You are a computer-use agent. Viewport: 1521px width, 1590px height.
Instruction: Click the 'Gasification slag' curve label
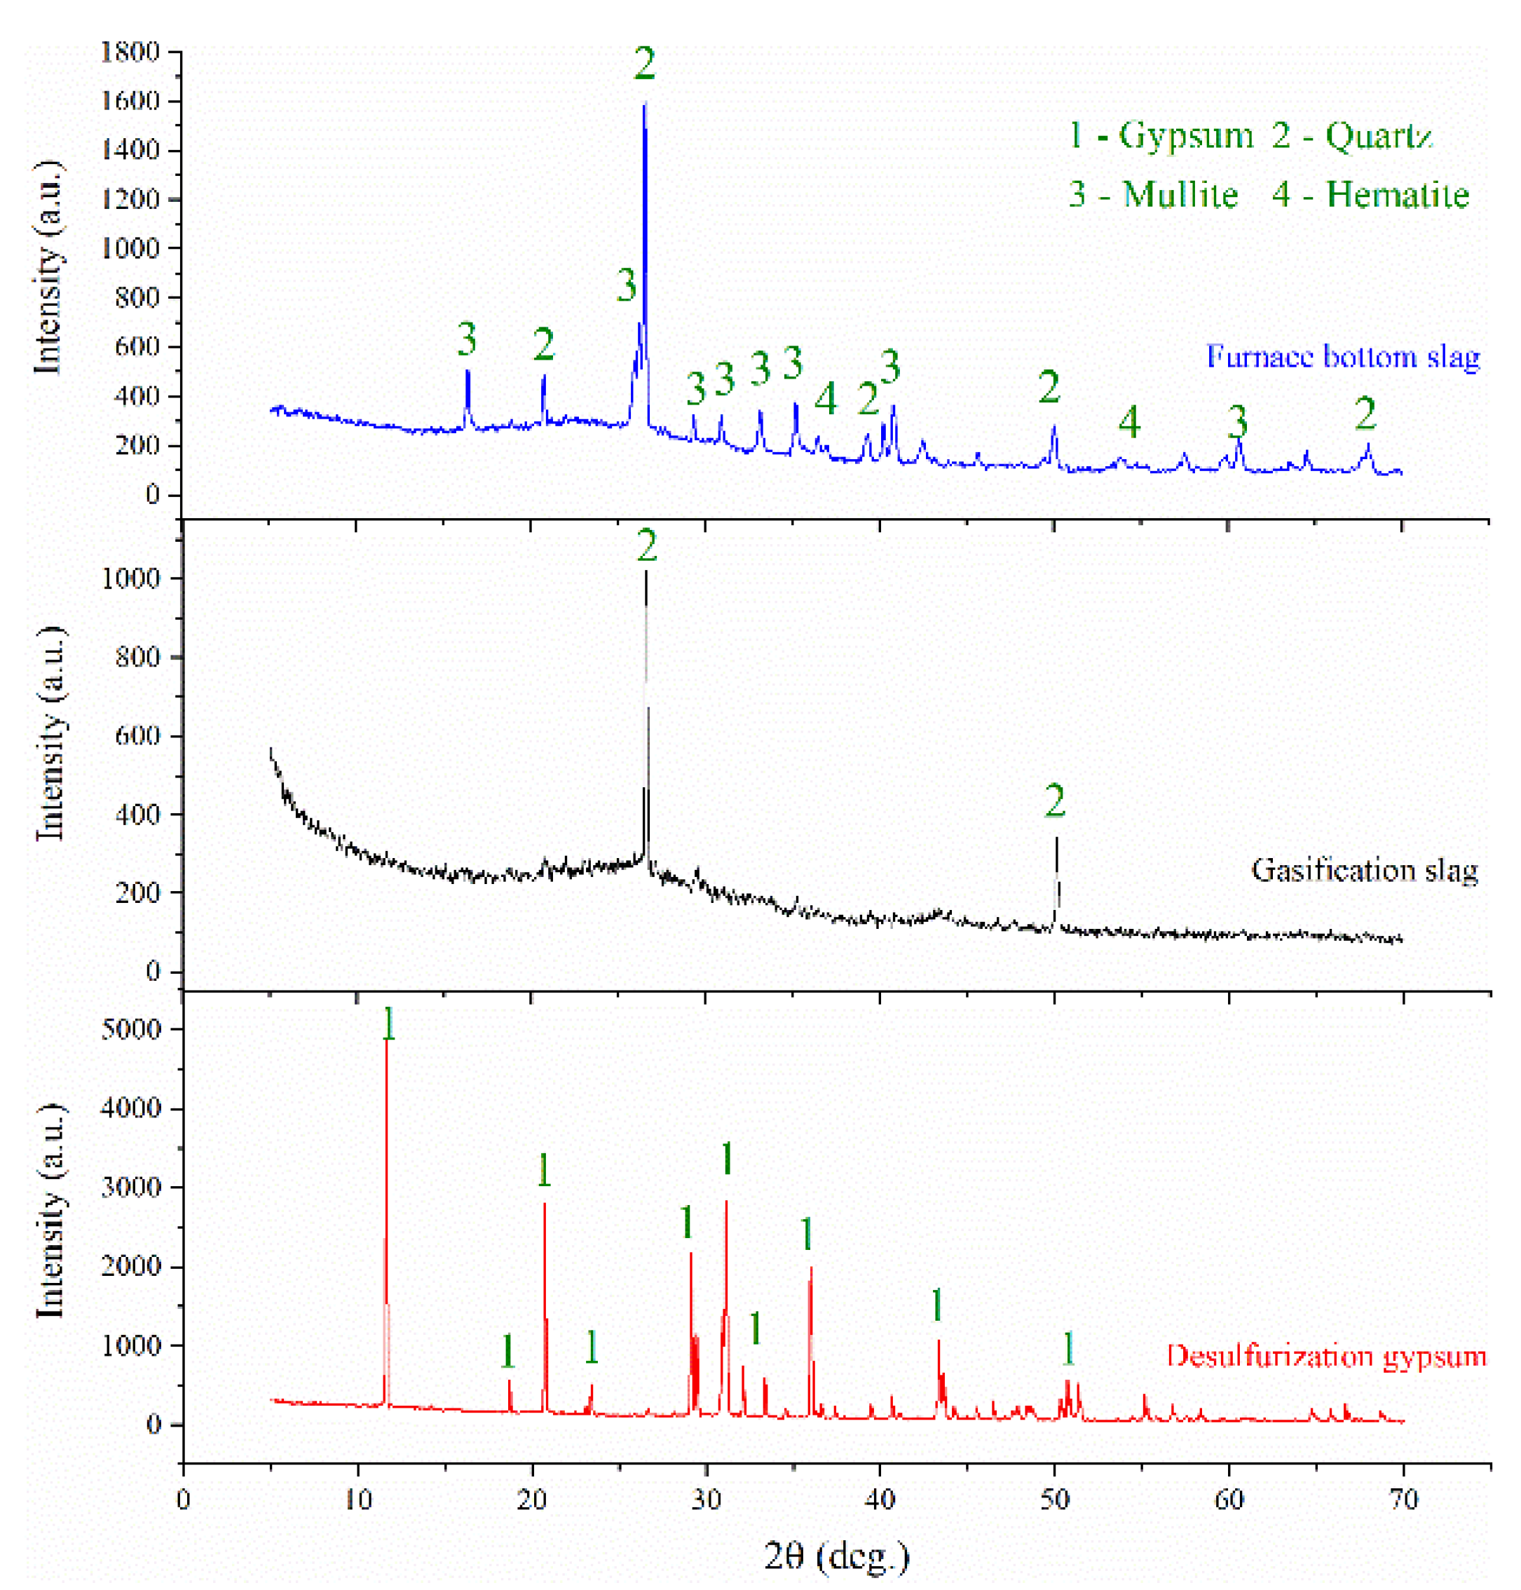[x=1365, y=870]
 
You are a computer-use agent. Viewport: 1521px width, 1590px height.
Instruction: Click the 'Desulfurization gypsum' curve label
[x=1326, y=1356]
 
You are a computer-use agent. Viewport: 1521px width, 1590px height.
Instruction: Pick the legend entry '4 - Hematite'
[x=1370, y=195]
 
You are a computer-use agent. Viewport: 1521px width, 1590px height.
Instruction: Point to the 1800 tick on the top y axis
[x=130, y=52]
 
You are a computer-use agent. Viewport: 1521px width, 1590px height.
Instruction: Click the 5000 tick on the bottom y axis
[x=130, y=1029]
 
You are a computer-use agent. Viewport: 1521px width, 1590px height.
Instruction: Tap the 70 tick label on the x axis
[x=1403, y=1500]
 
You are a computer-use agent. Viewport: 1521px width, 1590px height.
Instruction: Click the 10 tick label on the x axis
[x=357, y=1500]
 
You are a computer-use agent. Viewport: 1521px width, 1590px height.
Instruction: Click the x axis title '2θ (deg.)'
[x=837, y=1555]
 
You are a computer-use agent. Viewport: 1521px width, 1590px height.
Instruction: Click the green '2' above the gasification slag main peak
[x=646, y=545]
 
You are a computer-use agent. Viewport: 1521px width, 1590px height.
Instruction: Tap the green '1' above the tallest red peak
[x=389, y=1024]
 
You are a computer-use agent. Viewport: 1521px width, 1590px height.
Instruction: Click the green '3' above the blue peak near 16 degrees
[x=466, y=338]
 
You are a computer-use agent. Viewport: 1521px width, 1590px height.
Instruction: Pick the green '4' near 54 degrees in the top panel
[x=1129, y=421]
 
